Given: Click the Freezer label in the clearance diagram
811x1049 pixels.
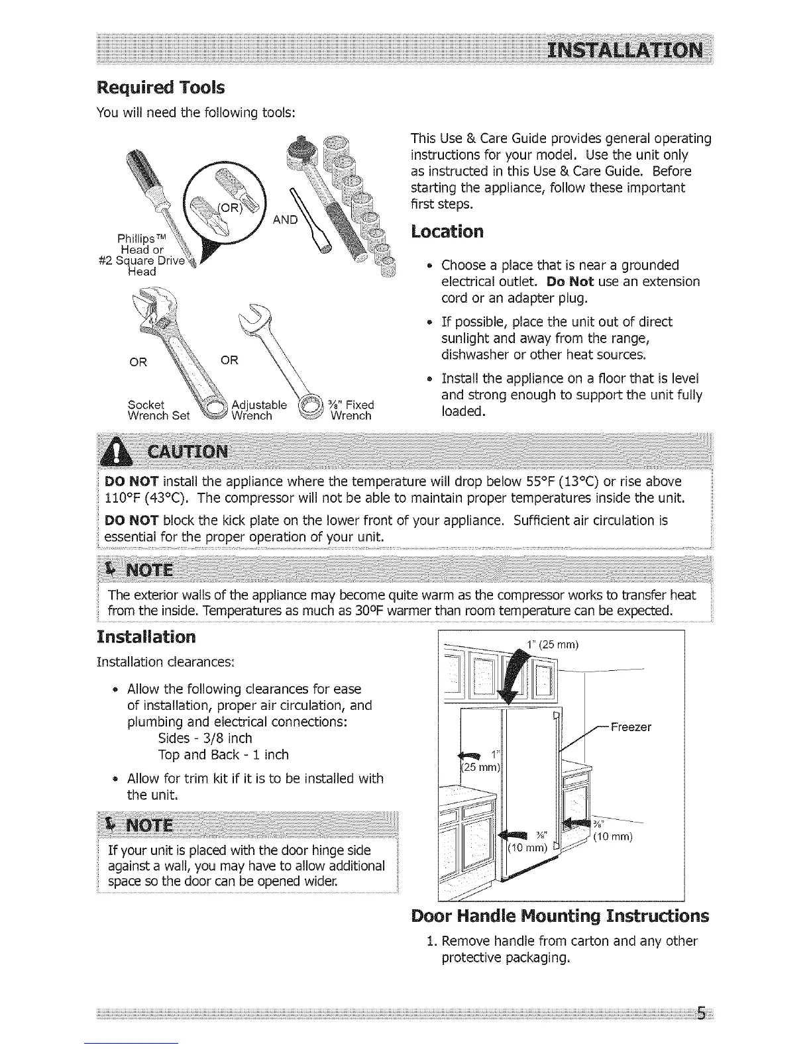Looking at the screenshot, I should click(x=630, y=727).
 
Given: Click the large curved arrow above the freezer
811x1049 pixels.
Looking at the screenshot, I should click(x=514, y=679).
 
